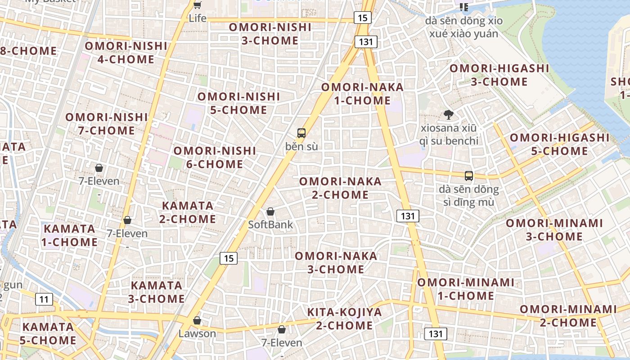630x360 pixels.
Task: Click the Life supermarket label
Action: [x=198, y=18]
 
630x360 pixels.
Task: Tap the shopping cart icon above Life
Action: [x=197, y=5]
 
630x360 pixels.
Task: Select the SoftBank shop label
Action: [x=270, y=225]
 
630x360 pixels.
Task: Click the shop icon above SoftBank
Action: [x=270, y=211]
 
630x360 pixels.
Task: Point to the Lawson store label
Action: [x=197, y=333]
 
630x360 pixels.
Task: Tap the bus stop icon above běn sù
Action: [x=301, y=133]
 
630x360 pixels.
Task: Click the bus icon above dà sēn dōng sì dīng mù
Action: [x=468, y=176]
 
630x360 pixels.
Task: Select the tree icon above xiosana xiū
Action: [x=448, y=115]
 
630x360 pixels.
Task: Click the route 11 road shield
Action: [x=44, y=299]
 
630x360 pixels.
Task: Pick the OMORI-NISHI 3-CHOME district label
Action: [x=270, y=34]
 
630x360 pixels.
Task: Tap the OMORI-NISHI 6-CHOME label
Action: [x=215, y=157]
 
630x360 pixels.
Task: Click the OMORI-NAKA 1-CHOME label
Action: [x=362, y=94]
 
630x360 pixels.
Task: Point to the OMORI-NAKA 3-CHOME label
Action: [x=336, y=262]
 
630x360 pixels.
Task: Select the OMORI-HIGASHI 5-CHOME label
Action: [x=559, y=144]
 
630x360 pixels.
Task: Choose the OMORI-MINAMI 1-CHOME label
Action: [x=465, y=289]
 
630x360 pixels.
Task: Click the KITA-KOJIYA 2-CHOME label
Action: [x=344, y=319]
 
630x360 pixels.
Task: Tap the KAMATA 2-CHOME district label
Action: [x=188, y=212]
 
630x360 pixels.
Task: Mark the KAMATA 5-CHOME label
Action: [x=48, y=333]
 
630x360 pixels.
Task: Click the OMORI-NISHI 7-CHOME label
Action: [x=107, y=124]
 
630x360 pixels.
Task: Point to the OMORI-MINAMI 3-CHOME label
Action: [x=554, y=229]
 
